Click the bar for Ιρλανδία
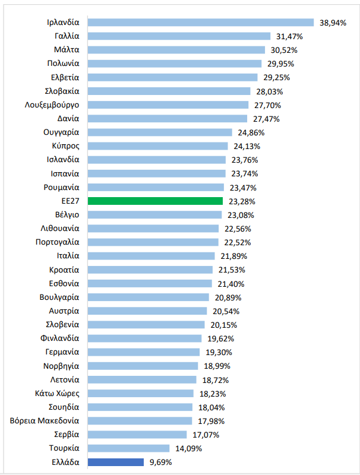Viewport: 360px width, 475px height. pyautogui.click(x=200, y=23)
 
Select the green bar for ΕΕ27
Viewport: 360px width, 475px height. pyautogui.click(x=155, y=201)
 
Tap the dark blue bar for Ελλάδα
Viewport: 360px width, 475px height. pyautogui.click(x=116, y=462)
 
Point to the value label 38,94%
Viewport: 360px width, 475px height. pyautogui.click(x=333, y=23)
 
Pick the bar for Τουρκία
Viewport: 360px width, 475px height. pyautogui.click(x=128, y=448)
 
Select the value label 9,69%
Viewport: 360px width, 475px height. pyautogui.click(x=160, y=462)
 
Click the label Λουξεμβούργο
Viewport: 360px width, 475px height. pyautogui.click(x=52, y=105)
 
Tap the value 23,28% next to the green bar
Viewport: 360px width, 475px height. pyautogui.click(x=239, y=201)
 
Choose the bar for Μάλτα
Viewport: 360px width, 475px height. pyautogui.click(x=176, y=50)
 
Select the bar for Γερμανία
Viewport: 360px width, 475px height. pyautogui.click(x=143, y=352)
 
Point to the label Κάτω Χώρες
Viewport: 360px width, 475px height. pyautogui.click(x=57, y=393)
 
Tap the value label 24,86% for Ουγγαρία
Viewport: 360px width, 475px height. pyautogui.click(x=249, y=132)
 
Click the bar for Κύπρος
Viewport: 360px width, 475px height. pyautogui.click(x=157, y=146)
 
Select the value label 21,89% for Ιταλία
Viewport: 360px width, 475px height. pyautogui.click(x=232, y=256)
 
